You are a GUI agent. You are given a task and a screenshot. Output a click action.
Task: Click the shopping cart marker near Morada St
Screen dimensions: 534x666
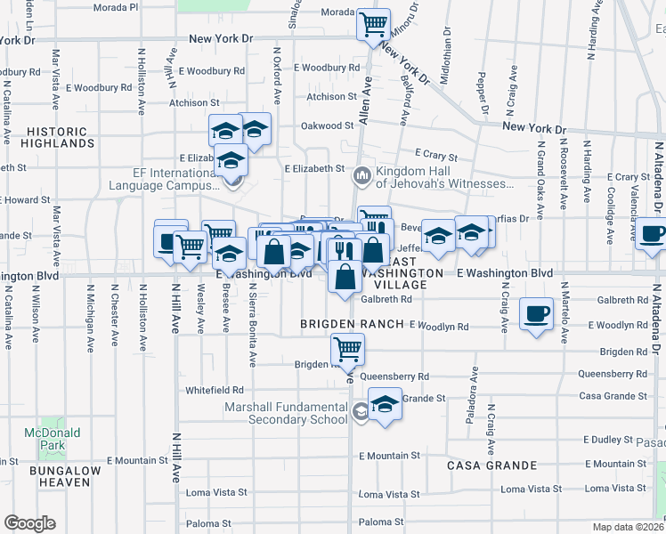pos(374,24)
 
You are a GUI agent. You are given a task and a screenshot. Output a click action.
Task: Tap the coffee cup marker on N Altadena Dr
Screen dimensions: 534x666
pos(654,234)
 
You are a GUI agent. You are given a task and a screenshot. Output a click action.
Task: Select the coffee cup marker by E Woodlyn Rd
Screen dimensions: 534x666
pos(537,315)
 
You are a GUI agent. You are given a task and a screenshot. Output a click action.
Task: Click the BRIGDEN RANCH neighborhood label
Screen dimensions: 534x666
pos(353,323)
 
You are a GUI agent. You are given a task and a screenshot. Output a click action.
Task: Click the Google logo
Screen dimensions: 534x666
pos(29,522)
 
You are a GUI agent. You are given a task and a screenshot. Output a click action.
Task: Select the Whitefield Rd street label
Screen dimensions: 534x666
pos(214,390)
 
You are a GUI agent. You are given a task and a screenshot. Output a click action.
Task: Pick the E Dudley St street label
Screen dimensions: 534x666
pos(613,440)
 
